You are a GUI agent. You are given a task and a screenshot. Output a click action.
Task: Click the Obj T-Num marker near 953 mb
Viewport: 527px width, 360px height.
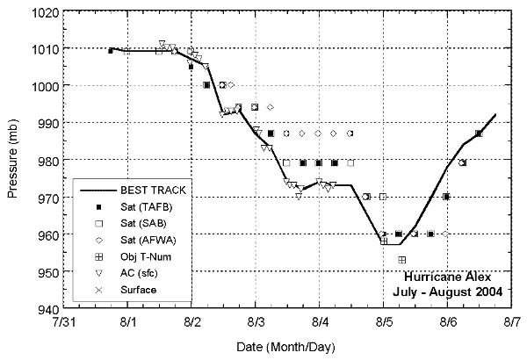401,260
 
